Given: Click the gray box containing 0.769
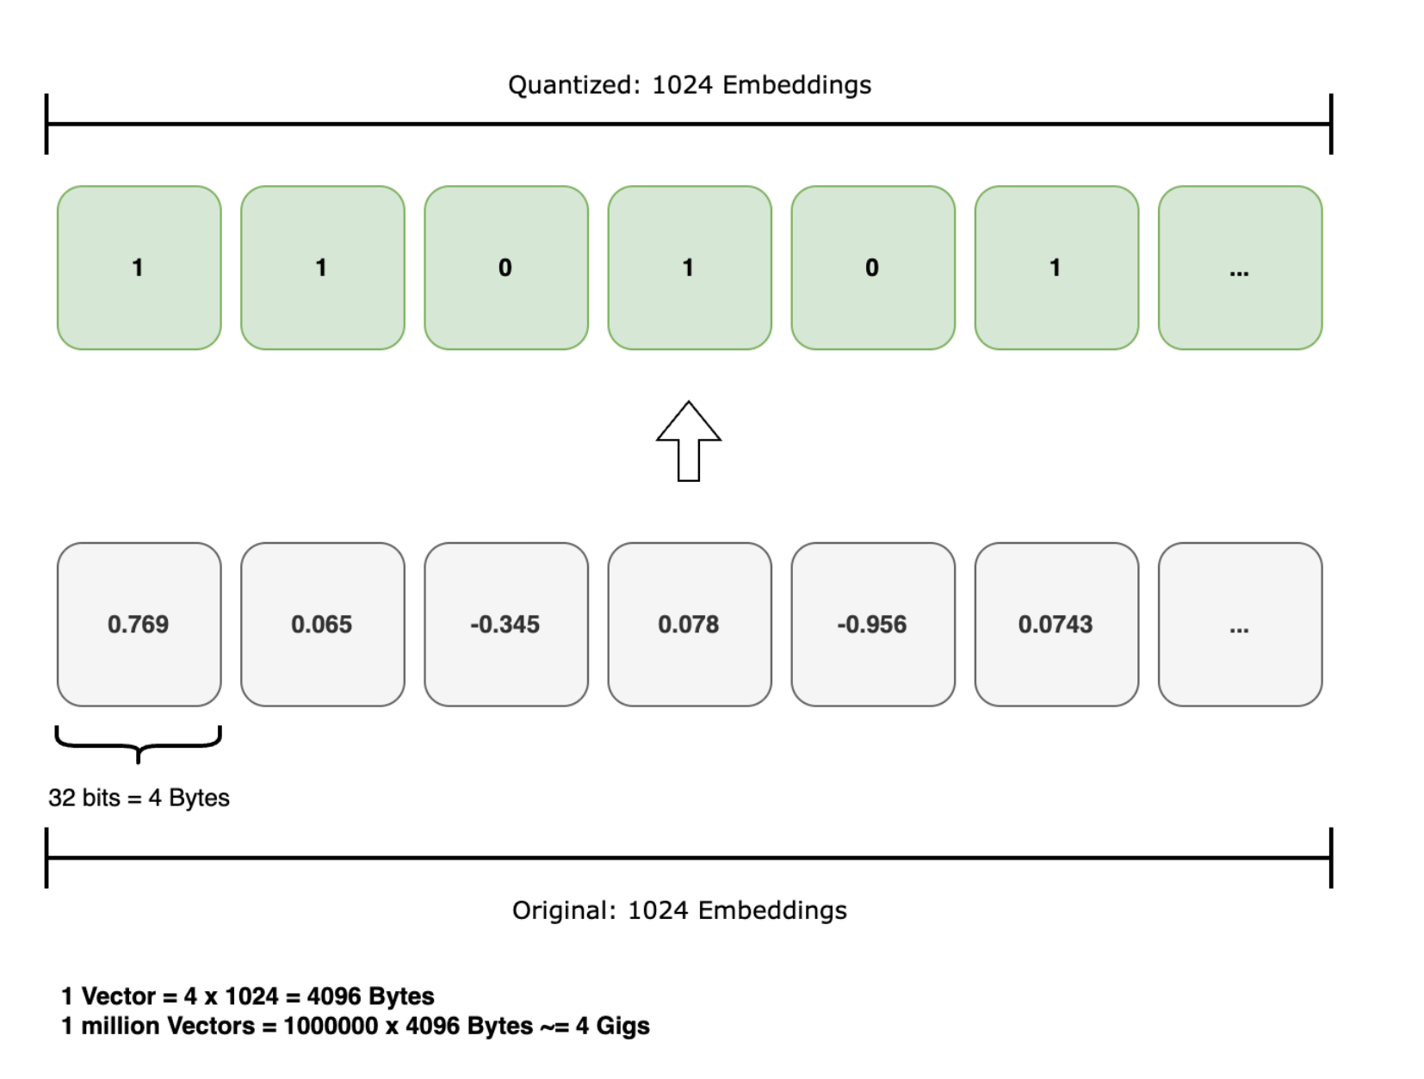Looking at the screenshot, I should (139, 624).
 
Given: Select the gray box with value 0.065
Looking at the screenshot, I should (322, 624).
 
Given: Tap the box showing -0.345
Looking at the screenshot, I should (505, 624).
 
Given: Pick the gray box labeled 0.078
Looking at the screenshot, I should (689, 624).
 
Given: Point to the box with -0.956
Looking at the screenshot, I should (872, 624).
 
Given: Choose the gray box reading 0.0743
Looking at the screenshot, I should (1056, 624).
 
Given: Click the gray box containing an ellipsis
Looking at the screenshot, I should (1240, 624).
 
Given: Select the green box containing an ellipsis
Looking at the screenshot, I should (1240, 268).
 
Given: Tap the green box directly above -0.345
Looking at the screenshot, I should (505, 268).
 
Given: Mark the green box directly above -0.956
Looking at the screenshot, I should (872, 268).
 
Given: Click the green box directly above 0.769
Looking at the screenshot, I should (139, 268).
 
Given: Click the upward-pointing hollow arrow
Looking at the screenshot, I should (689, 441).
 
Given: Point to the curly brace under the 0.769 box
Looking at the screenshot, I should (139, 743).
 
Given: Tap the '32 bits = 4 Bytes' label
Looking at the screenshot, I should (139, 798).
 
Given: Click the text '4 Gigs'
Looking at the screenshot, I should (612, 1026).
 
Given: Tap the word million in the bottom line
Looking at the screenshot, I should (120, 1026).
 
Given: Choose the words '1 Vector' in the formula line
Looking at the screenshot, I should (108, 996).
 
